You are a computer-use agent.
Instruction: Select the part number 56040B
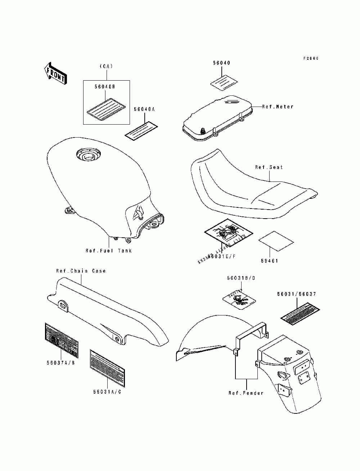pyautogui.click(x=105, y=87)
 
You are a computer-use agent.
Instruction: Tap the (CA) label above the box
pyautogui.click(x=106, y=66)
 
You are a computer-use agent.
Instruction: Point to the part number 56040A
pyautogui.click(x=144, y=109)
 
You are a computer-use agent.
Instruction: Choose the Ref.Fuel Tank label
pyautogui.click(x=108, y=251)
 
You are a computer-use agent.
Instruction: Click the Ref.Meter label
pyautogui.click(x=277, y=107)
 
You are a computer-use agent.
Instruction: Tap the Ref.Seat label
pyautogui.click(x=269, y=167)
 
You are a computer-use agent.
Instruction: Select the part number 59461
pyautogui.click(x=270, y=261)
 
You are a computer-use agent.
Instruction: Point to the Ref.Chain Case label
pyautogui.click(x=81, y=271)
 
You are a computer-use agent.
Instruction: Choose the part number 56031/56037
pyautogui.click(x=297, y=294)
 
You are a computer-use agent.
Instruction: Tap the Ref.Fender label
pyautogui.click(x=246, y=393)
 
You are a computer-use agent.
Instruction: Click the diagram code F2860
pyautogui.click(x=311, y=58)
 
